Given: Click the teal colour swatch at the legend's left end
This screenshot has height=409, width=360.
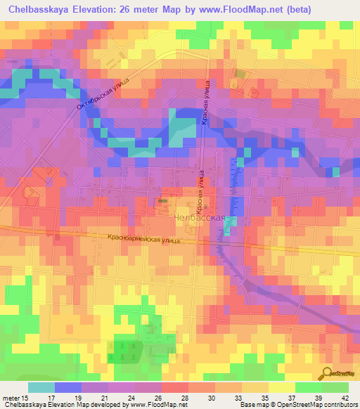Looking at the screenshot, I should pos(41,387).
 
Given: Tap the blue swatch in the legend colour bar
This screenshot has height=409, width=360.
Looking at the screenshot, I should pos(67,387).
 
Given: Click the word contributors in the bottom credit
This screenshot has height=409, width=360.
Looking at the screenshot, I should pos(339,405).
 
